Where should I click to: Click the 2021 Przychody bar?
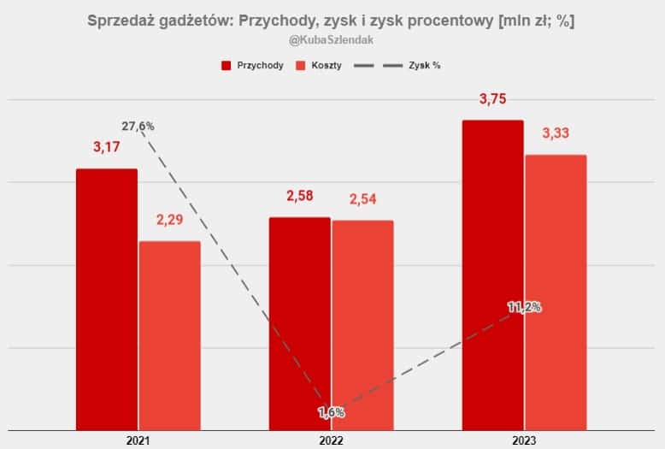point(106,299)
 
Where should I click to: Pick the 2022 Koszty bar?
point(362,325)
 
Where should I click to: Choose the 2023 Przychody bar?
point(492,274)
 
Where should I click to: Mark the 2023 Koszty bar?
point(556,291)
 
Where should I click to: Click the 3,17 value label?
point(107,147)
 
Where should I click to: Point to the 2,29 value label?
point(170,220)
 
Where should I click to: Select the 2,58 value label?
point(299,196)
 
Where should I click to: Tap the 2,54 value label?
point(362,199)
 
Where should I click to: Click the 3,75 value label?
point(492,99)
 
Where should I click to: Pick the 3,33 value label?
point(556,133)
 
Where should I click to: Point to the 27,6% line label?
point(138,127)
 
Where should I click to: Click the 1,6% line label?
point(331,412)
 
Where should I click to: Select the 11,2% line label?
point(524,307)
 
